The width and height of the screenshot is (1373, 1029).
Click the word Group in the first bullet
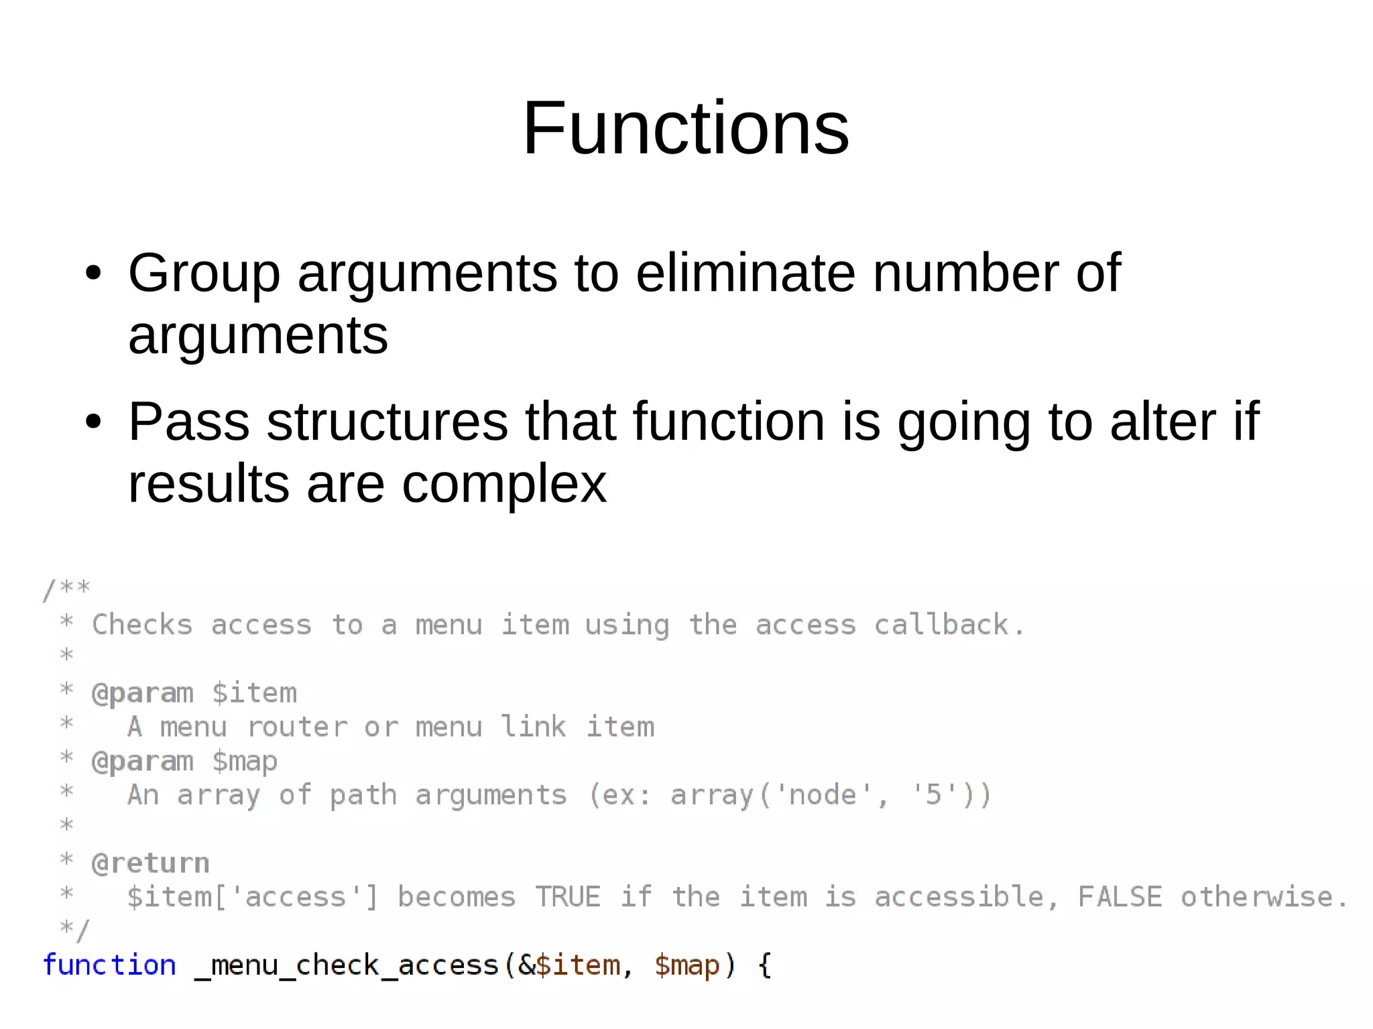[x=204, y=274]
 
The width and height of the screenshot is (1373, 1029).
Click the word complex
[x=503, y=484]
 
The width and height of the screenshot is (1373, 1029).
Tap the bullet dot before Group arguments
[x=93, y=274]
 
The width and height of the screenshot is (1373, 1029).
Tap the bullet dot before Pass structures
[x=93, y=422]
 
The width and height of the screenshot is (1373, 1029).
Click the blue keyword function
[x=109, y=965]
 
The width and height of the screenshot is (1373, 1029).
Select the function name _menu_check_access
[x=347, y=965]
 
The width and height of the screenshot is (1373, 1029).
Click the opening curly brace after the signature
[x=764, y=965]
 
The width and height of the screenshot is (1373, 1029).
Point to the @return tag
[x=150, y=863]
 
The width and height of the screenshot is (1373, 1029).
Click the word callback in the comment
[x=941, y=625]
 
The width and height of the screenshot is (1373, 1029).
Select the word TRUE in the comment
[x=567, y=896]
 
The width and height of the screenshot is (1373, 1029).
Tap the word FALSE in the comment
[x=1119, y=896]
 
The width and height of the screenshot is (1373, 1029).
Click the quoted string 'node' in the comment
[x=822, y=794]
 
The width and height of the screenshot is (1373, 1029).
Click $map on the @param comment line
[x=244, y=761]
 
